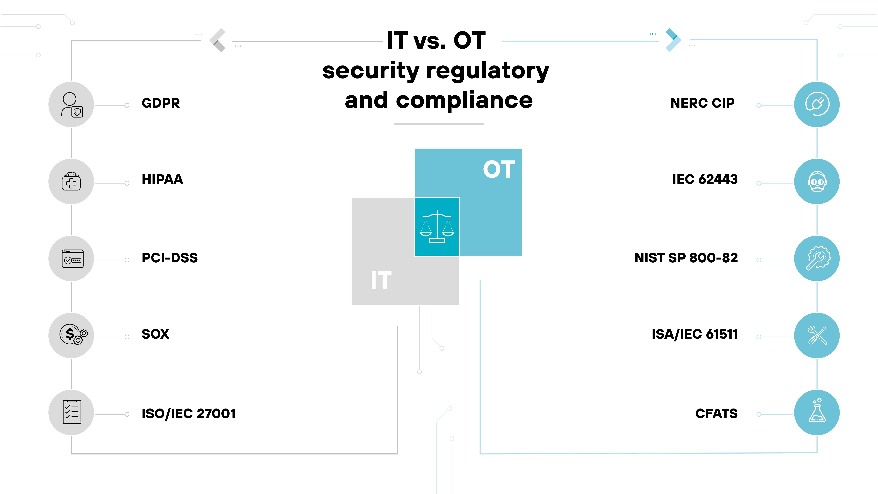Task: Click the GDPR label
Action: click(161, 103)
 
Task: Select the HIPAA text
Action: click(162, 179)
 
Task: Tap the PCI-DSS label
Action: click(169, 258)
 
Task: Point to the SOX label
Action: click(155, 334)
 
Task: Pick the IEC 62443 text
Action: click(705, 179)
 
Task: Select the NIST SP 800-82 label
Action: click(686, 258)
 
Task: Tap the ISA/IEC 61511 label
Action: click(695, 334)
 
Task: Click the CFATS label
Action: click(716, 414)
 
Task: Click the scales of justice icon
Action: click(437, 227)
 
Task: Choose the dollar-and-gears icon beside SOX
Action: click(73, 335)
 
